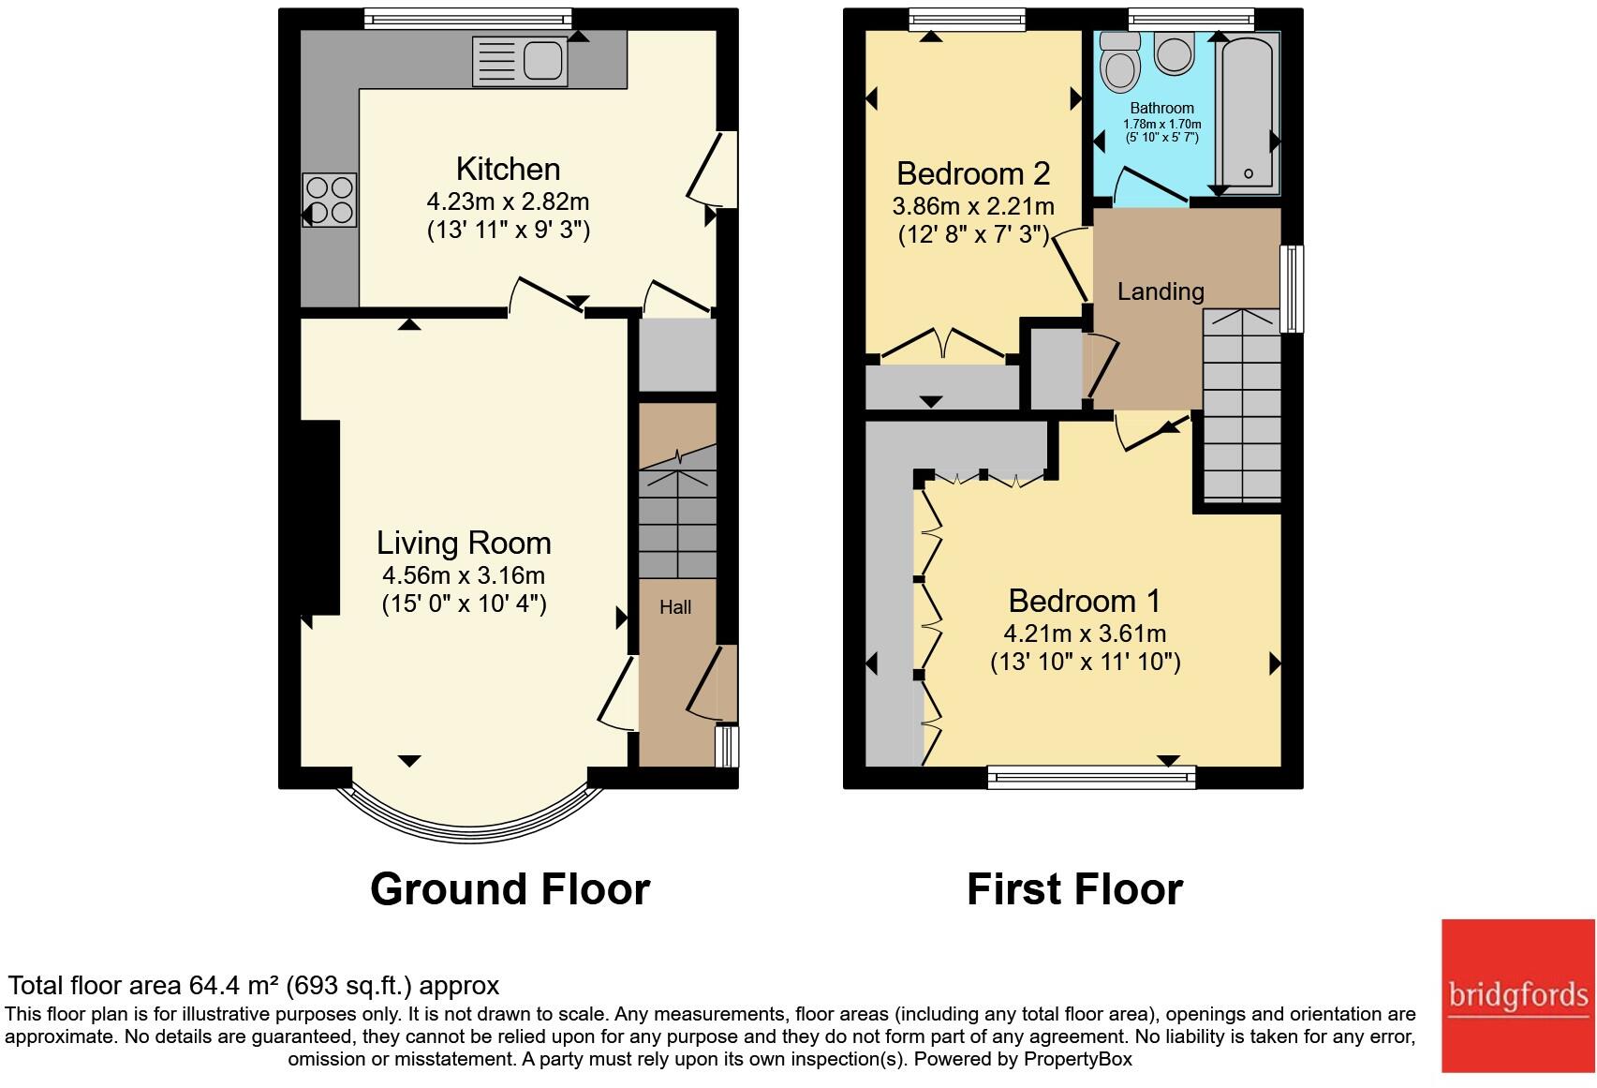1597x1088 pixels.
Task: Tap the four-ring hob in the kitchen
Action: (x=330, y=201)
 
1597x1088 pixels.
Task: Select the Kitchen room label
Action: (x=508, y=169)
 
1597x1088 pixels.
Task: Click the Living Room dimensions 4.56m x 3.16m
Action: (x=463, y=575)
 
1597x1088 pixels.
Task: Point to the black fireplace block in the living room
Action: (x=319, y=517)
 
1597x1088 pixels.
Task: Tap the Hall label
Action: (x=674, y=607)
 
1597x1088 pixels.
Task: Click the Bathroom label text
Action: (x=1161, y=108)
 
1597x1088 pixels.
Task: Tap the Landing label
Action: (x=1160, y=291)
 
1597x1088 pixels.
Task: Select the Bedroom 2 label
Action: (x=972, y=173)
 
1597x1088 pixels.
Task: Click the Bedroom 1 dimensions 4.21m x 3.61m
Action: (x=1085, y=633)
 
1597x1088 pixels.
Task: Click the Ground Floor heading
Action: (x=510, y=888)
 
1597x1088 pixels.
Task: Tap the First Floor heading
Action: (x=1074, y=888)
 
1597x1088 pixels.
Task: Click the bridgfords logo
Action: (x=1517, y=995)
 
